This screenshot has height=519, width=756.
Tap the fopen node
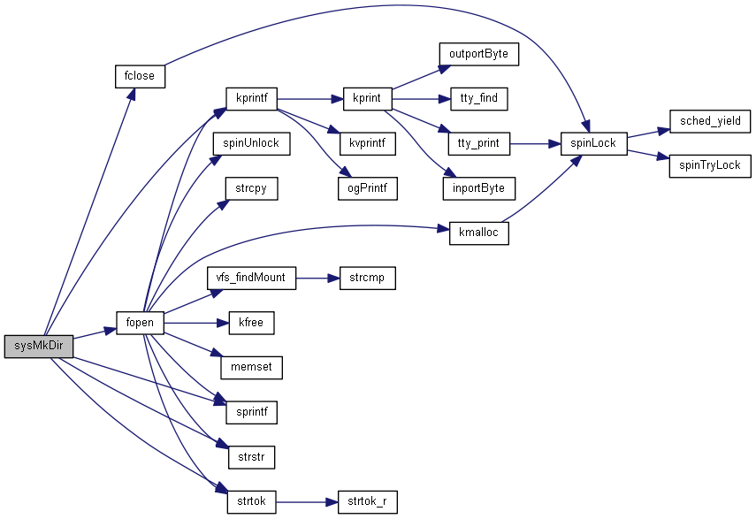coord(140,323)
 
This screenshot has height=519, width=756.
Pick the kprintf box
coord(251,98)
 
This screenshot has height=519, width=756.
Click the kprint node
coord(366,98)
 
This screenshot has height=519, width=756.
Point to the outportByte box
coord(478,53)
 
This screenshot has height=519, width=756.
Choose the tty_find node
coord(478,98)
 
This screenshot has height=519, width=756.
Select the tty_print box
coord(478,143)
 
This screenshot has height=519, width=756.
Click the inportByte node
coord(478,188)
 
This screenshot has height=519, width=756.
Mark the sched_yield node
coord(710,121)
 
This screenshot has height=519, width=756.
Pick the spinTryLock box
coord(710,165)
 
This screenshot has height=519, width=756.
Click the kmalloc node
coord(478,233)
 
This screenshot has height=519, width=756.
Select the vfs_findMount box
coord(251,278)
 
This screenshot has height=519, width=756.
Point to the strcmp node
coord(366,278)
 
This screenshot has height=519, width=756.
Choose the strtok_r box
coord(366,502)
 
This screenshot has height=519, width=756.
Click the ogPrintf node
coord(366,188)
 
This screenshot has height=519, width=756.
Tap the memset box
coord(251,368)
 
